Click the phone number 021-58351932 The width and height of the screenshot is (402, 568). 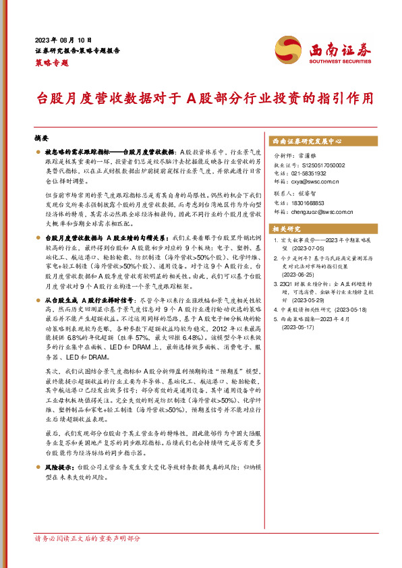pos(306,173)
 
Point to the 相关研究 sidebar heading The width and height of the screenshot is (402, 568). pos(285,228)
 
